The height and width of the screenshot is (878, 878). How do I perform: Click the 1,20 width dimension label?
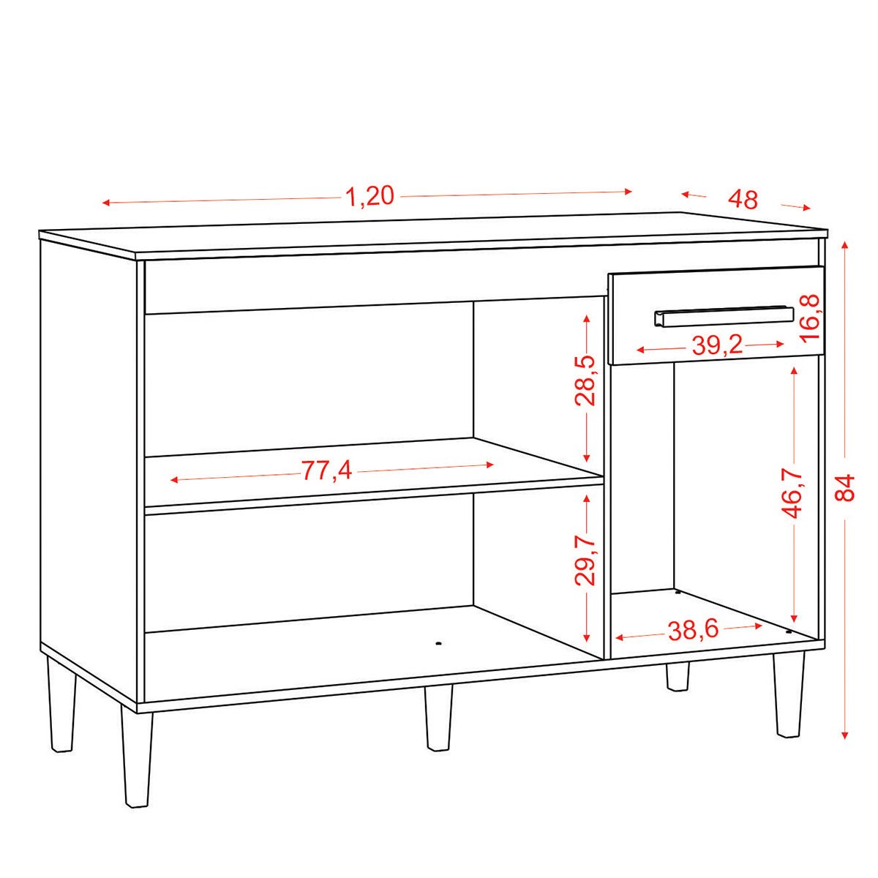tap(370, 198)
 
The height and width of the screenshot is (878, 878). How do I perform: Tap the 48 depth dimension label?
tap(743, 200)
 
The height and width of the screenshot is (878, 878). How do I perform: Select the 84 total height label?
tap(845, 487)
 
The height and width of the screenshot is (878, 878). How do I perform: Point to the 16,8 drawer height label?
tap(810, 319)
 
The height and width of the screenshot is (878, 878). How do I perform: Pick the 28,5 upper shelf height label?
tap(585, 381)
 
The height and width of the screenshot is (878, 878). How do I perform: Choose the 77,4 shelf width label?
tap(326, 470)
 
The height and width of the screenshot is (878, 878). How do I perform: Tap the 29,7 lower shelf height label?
tap(585, 560)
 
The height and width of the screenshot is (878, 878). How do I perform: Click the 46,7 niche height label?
tap(794, 493)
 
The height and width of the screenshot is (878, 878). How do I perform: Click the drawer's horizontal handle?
tap(724, 316)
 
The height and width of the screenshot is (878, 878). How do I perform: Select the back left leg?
tap(61, 710)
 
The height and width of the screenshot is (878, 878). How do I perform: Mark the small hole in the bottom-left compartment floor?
tap(439, 643)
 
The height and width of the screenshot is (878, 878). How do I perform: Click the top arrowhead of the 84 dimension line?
tap(845, 245)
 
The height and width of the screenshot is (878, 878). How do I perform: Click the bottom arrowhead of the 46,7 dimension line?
tap(794, 618)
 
